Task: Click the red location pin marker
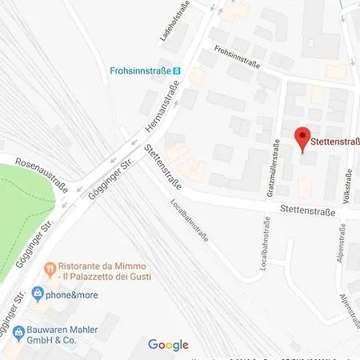tap(302, 137)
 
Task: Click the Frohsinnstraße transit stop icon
tap(178, 70)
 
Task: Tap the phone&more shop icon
tap(37, 293)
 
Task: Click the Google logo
tap(168, 346)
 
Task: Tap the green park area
tap(20, 216)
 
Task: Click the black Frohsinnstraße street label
tap(239, 57)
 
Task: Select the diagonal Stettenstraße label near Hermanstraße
tap(162, 167)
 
